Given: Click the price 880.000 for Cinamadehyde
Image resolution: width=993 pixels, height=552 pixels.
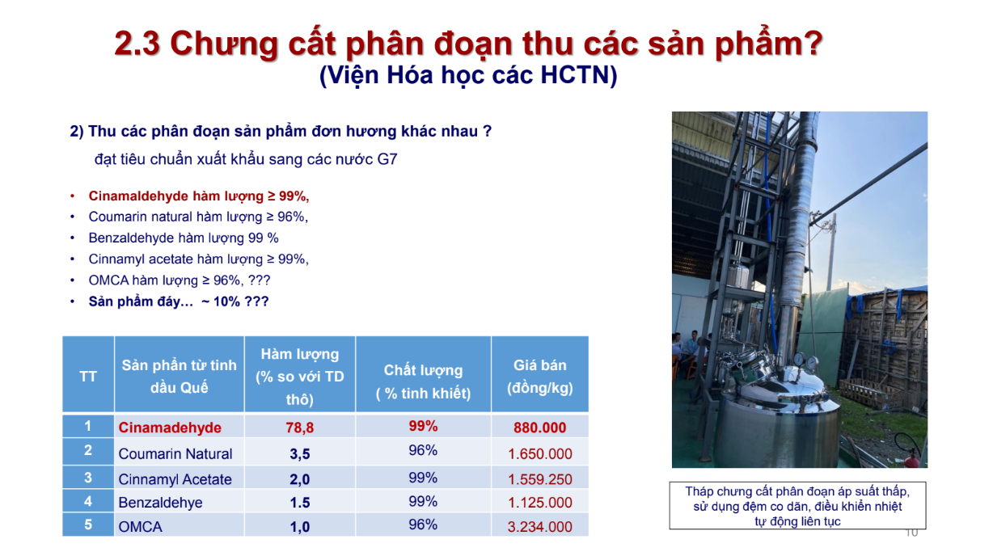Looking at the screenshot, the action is point(539,428).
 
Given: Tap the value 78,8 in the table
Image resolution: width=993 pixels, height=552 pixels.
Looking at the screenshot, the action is point(300,428).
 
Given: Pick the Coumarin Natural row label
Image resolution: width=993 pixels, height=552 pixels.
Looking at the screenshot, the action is point(175,453).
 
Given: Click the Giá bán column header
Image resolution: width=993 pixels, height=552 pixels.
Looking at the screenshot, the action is point(539,376).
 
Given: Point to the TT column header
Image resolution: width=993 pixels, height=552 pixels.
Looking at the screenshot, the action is point(88,377).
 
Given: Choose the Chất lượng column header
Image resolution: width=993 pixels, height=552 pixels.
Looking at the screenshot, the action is point(423,381).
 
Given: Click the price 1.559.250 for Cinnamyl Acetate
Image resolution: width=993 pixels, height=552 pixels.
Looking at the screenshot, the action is point(539,479).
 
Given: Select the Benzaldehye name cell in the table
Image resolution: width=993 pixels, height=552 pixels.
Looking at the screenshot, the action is point(160,503).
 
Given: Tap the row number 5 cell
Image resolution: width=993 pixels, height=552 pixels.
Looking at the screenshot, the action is point(88,525).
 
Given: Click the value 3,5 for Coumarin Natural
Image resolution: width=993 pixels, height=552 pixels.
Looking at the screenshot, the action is point(300,454).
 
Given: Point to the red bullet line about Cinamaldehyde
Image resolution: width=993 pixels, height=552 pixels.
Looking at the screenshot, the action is point(199,196).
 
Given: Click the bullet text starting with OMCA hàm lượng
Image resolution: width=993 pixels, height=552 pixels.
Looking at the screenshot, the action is point(179,280).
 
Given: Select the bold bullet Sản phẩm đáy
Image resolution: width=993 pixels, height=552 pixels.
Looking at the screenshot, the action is point(178,301).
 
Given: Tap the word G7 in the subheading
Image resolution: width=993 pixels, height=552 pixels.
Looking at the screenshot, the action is point(387,159).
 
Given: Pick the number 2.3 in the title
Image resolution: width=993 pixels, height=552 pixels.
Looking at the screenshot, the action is point(137,44).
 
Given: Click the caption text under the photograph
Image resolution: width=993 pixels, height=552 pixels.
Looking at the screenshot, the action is point(797,506).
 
